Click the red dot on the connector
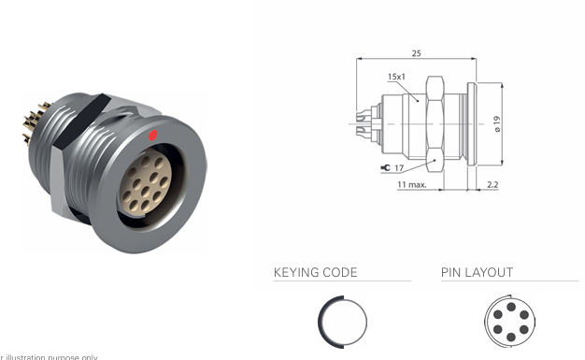(x=153, y=137)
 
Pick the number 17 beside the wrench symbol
(x=399, y=168)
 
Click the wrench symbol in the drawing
(x=385, y=168)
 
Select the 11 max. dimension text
(x=412, y=185)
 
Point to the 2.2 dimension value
(x=492, y=185)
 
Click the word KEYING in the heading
(x=297, y=273)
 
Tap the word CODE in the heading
(x=340, y=273)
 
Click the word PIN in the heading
(x=451, y=273)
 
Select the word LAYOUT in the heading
(x=490, y=273)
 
